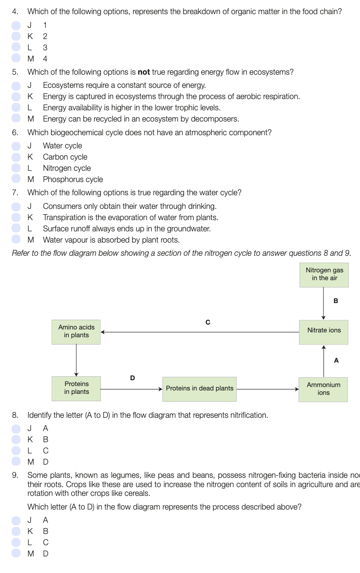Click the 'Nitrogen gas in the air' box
pyautogui.click(x=324, y=274)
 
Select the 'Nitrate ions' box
pyautogui.click(x=324, y=330)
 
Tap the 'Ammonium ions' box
pyautogui.click(x=323, y=389)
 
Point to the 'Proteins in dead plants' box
pyautogui.click(x=200, y=389)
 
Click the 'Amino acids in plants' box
pyautogui.click(x=76, y=331)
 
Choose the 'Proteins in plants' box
pyautogui.click(x=77, y=388)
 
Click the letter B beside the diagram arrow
pyautogui.click(x=336, y=301)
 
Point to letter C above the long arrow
pyautogui.click(x=208, y=322)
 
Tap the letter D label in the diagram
pyautogui.click(x=132, y=378)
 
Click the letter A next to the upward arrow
pyautogui.click(x=336, y=361)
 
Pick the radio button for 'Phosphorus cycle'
pyautogui.click(x=17, y=180)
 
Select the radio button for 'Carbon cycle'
pyautogui.click(x=17, y=157)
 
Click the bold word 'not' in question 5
pyautogui.click(x=144, y=72)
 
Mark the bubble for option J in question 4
pyautogui.click(x=17, y=25)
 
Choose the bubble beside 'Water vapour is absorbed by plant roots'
pyautogui.click(x=17, y=240)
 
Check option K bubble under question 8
pyautogui.click(x=17, y=439)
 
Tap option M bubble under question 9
pyautogui.click(x=17, y=553)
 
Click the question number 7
pyautogui.click(x=15, y=193)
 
